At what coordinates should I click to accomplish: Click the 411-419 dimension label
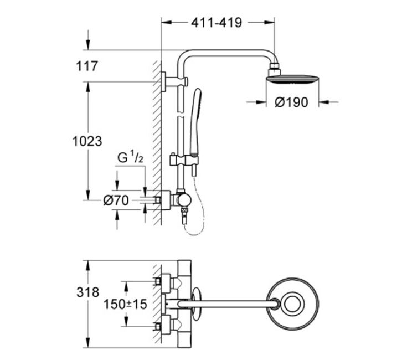point(217,23)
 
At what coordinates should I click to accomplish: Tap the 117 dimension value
point(87,66)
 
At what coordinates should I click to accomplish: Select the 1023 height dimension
point(87,141)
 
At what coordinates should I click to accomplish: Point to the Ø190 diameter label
point(291,102)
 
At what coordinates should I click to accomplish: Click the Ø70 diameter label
point(116,200)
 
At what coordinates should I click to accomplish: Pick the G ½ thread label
point(130,157)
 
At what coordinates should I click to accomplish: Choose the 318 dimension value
point(87,292)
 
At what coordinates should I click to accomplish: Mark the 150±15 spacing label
point(125,304)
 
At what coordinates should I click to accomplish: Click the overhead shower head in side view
point(292,79)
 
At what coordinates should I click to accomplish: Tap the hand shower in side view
point(195,121)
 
